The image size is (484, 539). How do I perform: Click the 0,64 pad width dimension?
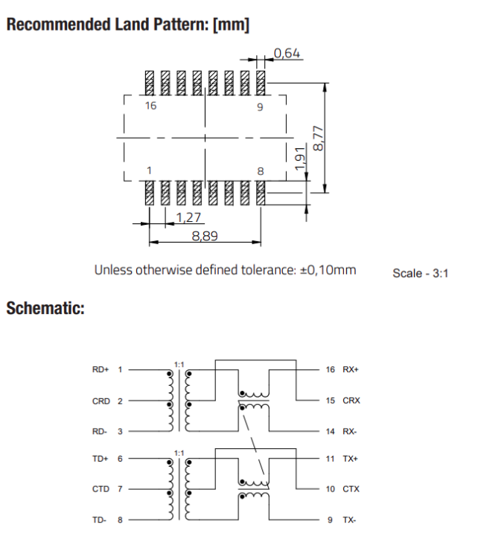(x=287, y=53)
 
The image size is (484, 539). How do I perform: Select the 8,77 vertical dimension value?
(x=319, y=138)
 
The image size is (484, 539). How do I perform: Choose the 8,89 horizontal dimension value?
(x=205, y=236)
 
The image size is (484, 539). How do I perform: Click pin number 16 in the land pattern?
(x=151, y=106)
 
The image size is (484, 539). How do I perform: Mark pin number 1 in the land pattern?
(x=150, y=170)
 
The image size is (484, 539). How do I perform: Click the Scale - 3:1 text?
(x=421, y=273)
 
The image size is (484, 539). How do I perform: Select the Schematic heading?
(x=45, y=307)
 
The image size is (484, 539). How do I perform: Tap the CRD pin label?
(x=101, y=401)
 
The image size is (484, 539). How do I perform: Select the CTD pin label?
(x=101, y=489)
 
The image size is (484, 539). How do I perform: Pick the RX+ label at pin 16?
(x=351, y=369)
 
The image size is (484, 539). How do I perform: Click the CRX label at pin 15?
(x=351, y=401)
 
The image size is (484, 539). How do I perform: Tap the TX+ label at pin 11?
(x=351, y=459)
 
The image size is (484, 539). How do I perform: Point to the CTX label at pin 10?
(x=351, y=489)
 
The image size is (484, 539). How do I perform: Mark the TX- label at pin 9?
(x=350, y=520)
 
